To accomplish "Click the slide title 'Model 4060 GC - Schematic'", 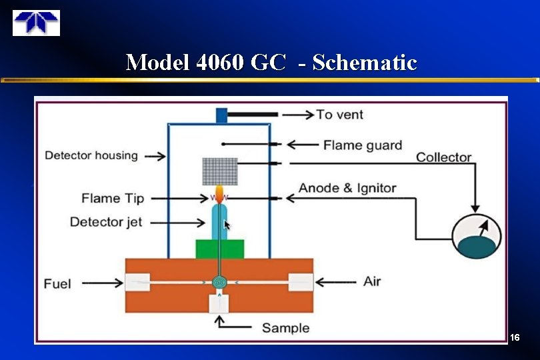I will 271,63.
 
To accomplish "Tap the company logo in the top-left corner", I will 36,23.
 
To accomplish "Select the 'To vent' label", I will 340,115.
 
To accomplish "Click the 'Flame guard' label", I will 363,145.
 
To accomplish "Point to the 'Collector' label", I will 443,157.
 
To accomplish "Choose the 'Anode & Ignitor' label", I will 347,188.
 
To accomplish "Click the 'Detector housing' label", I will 91,156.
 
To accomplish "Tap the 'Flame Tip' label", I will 113,198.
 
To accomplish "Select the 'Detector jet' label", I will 106,222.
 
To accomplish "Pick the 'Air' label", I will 372,281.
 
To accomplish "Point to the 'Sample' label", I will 285,327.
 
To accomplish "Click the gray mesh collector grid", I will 220,171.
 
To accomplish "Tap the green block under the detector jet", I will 220,249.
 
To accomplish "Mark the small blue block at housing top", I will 221,115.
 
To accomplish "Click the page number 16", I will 514,339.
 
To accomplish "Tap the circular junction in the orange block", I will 219,283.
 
